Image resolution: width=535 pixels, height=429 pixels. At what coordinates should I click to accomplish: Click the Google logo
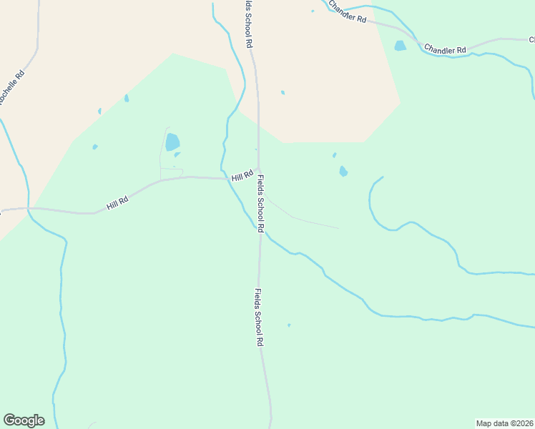tap(24, 420)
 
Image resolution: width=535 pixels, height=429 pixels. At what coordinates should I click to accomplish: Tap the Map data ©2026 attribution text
tap(504, 423)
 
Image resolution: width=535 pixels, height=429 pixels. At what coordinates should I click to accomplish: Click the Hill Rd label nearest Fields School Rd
tap(242, 176)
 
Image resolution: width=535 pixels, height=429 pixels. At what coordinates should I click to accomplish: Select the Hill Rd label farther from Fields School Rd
tap(117, 203)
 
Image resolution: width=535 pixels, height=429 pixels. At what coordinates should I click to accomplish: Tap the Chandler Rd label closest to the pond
tap(445, 49)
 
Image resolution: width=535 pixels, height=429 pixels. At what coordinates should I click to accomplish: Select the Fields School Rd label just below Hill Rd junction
tap(261, 204)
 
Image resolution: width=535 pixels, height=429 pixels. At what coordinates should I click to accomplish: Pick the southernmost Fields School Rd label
tap(258, 317)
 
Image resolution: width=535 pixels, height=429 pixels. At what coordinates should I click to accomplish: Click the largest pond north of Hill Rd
tap(172, 142)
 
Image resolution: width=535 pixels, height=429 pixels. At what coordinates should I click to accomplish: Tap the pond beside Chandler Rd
tap(400, 46)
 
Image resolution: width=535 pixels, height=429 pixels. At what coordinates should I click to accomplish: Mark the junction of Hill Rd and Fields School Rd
tap(258, 170)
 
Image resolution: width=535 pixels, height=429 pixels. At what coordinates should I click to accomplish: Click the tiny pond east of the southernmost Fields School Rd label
tap(289, 325)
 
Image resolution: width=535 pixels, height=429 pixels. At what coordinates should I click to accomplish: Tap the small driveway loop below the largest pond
tap(171, 172)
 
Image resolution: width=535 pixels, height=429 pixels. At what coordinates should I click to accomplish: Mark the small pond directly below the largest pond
tap(177, 154)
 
